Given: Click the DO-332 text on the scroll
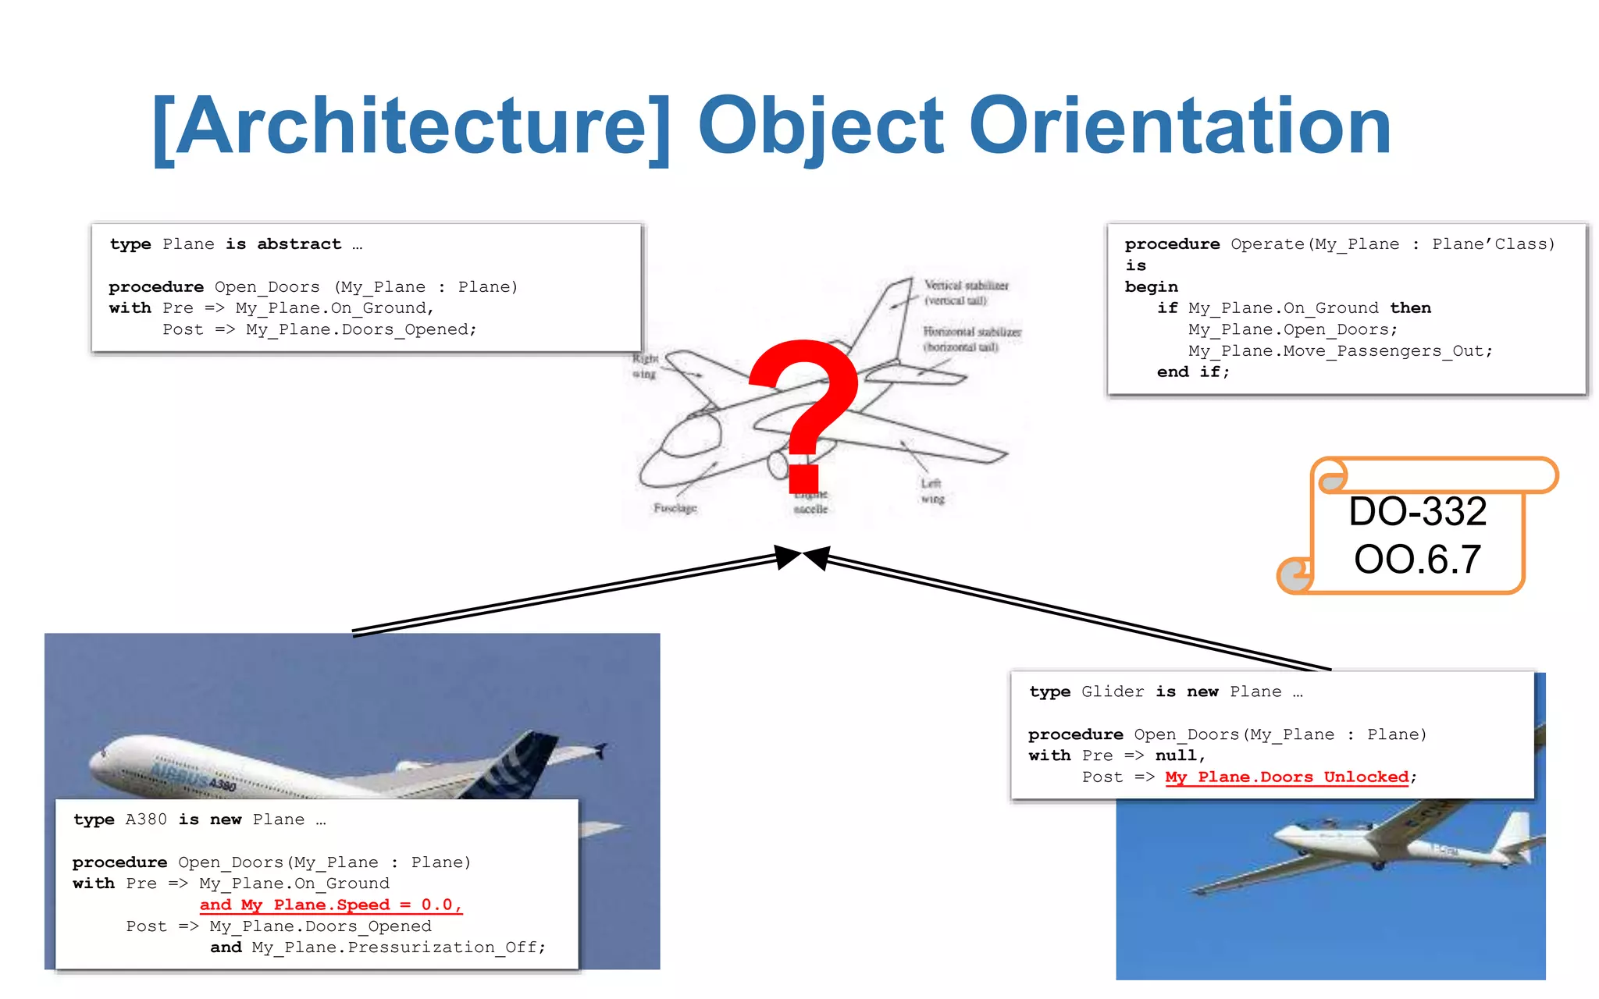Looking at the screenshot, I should [1417, 512].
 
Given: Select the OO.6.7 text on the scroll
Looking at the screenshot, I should [1417, 560].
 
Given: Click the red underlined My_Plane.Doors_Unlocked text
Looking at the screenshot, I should [1287, 777].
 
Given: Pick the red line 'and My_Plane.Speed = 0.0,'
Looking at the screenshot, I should [331, 905].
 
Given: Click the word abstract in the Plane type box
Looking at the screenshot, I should [299, 244].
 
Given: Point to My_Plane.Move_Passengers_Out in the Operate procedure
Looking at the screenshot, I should [1340, 351].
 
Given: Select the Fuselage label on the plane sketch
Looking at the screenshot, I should [675, 508].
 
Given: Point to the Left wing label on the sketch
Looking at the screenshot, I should [931, 491].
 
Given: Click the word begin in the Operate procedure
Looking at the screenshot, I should [1151, 287].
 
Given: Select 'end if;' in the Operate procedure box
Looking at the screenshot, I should [1192, 372].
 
